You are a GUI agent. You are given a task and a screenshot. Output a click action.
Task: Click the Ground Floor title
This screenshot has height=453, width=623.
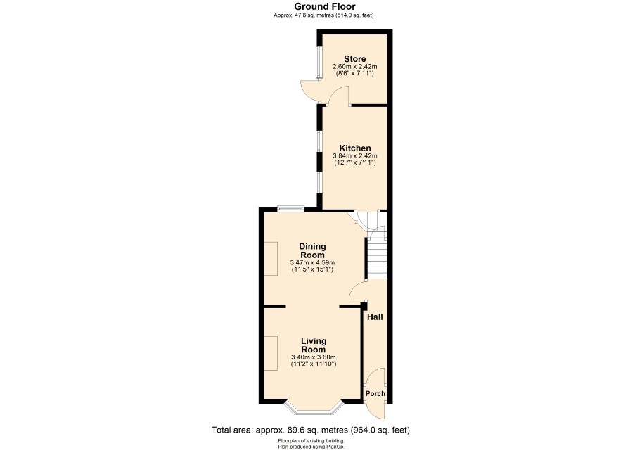coord(325,6)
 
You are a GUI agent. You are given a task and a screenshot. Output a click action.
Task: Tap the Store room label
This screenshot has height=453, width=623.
coord(355,59)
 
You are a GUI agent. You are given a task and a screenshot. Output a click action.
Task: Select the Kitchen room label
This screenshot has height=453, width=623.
coord(355,148)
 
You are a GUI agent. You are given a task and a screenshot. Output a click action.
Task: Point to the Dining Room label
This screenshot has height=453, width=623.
coord(312,250)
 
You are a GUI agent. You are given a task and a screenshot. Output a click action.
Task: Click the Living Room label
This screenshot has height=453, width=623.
coord(314,345)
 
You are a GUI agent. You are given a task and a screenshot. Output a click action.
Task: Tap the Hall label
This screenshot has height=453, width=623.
coord(375,317)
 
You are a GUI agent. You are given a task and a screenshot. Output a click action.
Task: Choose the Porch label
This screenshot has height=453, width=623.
coord(375,393)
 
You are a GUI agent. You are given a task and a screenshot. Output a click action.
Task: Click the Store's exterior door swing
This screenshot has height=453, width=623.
coord(310,90)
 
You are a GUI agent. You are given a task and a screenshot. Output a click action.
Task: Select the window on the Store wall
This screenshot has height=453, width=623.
coord(319,63)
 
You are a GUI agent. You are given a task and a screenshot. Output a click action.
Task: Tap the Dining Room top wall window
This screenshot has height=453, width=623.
coord(290,209)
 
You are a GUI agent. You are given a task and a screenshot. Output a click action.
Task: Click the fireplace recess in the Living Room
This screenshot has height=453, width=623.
coord(271,353)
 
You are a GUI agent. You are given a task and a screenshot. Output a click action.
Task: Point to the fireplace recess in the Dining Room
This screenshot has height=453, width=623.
coord(271,259)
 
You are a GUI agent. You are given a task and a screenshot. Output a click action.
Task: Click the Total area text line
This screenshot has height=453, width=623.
coord(311,430)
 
